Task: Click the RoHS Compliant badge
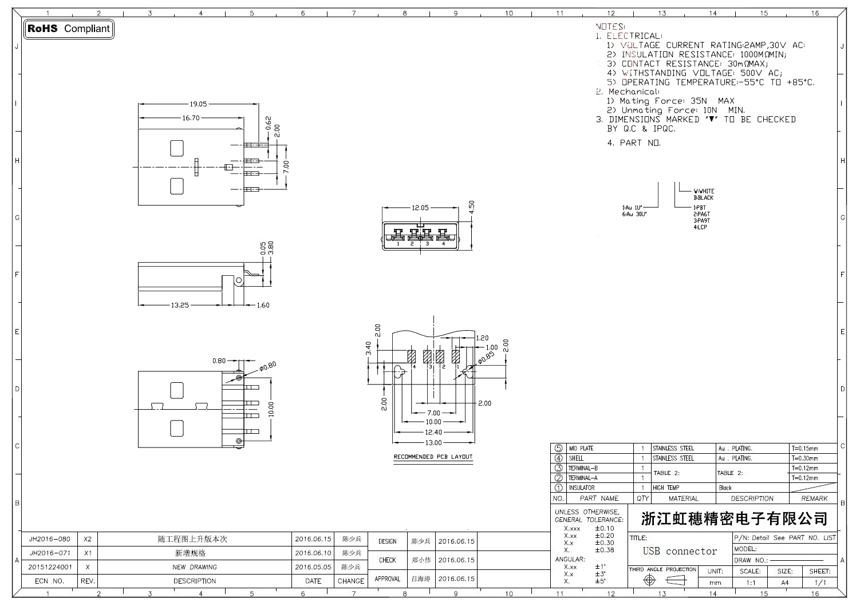tap(69, 29)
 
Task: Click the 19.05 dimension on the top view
tap(199, 104)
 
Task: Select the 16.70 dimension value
tap(191, 118)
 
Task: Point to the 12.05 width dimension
tap(420, 208)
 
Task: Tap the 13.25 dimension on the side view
tap(180, 305)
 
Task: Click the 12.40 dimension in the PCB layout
tap(433, 432)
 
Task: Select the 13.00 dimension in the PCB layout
tap(433, 442)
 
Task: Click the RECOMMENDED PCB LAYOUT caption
tap(433, 457)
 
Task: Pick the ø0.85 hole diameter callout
tap(486, 358)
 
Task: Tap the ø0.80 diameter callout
tap(268, 365)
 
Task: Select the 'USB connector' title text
tap(680, 551)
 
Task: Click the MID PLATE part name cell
tap(581, 449)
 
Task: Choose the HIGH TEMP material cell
tap(666, 488)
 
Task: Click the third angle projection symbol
tap(663, 580)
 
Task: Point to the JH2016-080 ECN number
tap(50, 539)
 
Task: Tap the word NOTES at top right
tap(610, 26)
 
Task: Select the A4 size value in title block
tap(784, 583)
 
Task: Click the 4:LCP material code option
tap(700, 227)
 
